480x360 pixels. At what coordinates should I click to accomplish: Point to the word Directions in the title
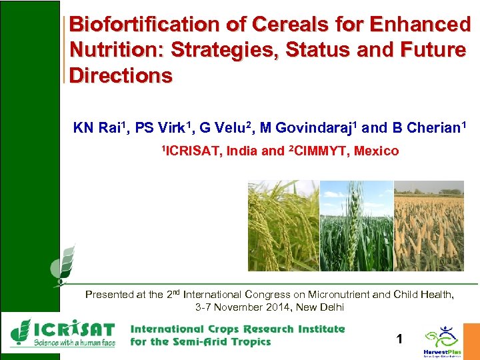click(121, 75)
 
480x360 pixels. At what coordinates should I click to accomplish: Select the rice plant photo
click(283, 225)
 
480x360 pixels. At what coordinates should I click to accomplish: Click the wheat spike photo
click(357, 225)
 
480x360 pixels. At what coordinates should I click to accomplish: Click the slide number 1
click(399, 339)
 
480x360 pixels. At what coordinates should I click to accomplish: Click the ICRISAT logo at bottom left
click(63, 333)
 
